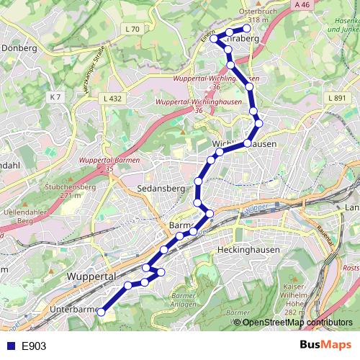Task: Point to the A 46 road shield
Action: click(x=303, y=5)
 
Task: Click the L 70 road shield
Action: click(x=132, y=29)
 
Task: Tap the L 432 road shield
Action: click(x=112, y=97)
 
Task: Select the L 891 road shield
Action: click(x=336, y=97)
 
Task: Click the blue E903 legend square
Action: click(x=11, y=346)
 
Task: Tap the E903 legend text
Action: click(x=34, y=346)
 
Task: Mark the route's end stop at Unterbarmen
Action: click(x=102, y=312)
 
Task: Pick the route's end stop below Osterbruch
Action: click(x=247, y=29)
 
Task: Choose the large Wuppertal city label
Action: click(x=91, y=276)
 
